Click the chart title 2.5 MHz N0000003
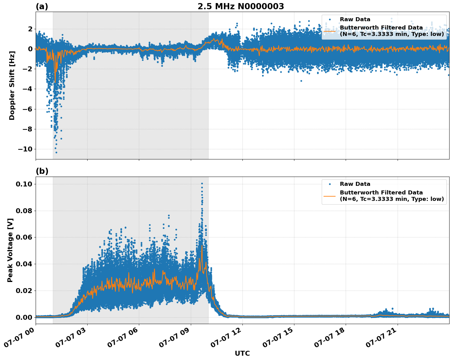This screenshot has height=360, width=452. [x=241, y=6]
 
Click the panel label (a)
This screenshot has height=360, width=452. [x=42, y=6]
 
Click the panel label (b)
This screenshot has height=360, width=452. [x=42, y=171]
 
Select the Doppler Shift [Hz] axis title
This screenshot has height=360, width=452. [x=12, y=85]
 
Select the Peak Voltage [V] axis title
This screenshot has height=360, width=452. [x=10, y=250]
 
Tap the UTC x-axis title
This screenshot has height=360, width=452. [x=242, y=353]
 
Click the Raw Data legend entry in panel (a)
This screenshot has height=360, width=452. [x=355, y=19]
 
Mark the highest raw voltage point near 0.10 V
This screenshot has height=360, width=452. [x=202, y=183]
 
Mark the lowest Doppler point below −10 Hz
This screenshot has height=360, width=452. [x=56, y=152]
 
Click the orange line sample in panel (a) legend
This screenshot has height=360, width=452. [x=330, y=31]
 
